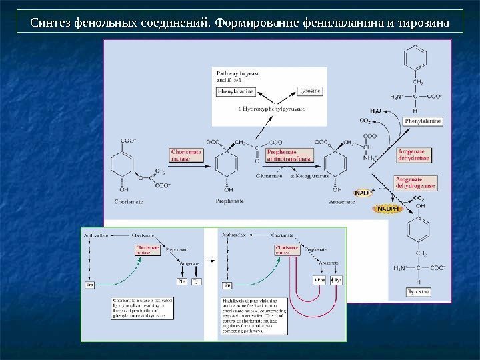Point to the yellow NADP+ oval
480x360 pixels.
[x=364, y=193]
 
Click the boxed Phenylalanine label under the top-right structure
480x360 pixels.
[x=422, y=121]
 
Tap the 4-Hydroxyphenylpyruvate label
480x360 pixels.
[x=257, y=107]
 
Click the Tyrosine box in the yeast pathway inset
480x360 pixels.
[x=290, y=90]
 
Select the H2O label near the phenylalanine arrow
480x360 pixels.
[x=375, y=111]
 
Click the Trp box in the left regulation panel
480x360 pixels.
[x=90, y=285]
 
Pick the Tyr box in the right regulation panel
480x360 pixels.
[x=338, y=281]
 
